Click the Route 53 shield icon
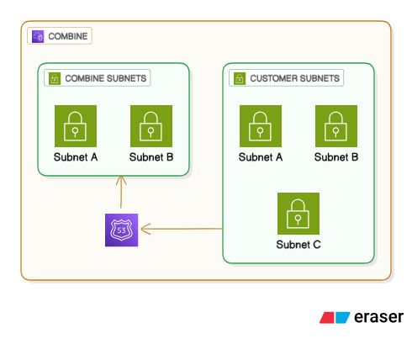coord(122,230)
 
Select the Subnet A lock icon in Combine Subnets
coord(76,126)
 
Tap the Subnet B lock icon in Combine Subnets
coord(151,126)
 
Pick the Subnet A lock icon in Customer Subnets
coord(261,126)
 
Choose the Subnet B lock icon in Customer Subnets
coord(336,126)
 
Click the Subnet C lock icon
coord(298,214)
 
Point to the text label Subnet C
coord(298,245)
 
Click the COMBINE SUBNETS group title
coord(106,78)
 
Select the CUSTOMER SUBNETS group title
coord(294,78)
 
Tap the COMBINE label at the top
coord(68,37)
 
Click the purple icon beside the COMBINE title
coord(38,37)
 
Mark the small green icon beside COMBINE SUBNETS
coord(54,78)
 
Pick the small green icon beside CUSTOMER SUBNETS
coord(239,78)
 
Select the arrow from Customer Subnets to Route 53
coord(181,229)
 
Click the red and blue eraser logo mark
coord(335,318)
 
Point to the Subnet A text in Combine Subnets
coord(76,157)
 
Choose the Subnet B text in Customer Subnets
coord(336,157)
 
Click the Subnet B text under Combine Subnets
coord(151,157)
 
